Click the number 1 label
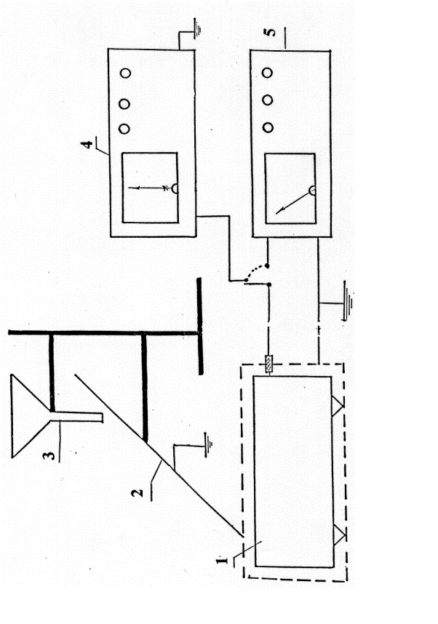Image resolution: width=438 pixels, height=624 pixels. [x=222, y=560]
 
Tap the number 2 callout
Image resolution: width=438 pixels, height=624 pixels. [x=137, y=492]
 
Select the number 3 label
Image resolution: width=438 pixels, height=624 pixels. [x=49, y=454]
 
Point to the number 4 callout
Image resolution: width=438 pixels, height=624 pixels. [x=87, y=143]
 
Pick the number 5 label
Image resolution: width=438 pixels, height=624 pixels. [x=271, y=31]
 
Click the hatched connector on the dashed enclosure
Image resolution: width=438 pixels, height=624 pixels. [x=270, y=364]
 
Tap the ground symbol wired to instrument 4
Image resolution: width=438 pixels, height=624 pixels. [x=196, y=28]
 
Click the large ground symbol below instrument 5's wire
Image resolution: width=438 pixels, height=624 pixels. [x=348, y=300]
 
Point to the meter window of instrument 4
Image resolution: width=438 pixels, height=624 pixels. [x=150, y=188]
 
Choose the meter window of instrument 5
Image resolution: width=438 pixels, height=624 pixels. [x=290, y=188]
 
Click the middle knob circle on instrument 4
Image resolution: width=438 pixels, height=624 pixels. [x=124, y=104]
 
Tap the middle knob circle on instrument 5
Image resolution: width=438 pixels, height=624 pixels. [x=268, y=100]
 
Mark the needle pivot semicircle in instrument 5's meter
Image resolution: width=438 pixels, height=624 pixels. [x=313, y=191]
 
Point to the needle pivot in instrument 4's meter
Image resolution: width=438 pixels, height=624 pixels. [x=175, y=188]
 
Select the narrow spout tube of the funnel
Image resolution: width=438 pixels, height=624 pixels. [x=76, y=415]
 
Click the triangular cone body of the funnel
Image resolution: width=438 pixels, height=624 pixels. [x=31, y=416]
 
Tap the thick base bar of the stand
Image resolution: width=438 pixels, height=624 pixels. [x=200, y=327]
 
